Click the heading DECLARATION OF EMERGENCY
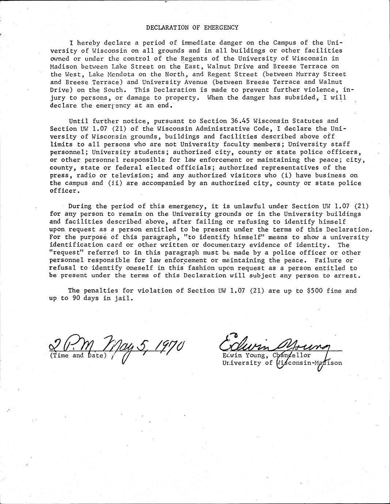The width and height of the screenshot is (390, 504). pos(192,27)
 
